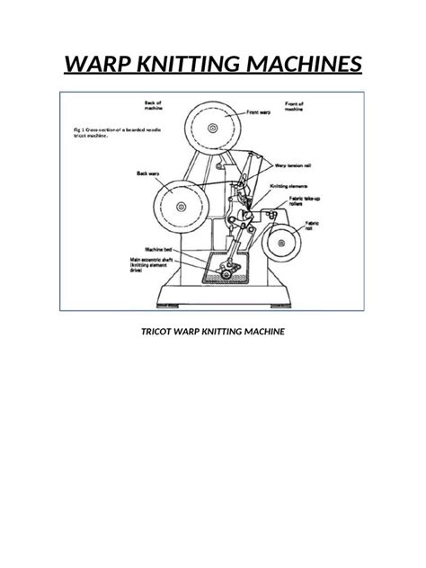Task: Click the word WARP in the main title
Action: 96,65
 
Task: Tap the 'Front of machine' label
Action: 298,107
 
